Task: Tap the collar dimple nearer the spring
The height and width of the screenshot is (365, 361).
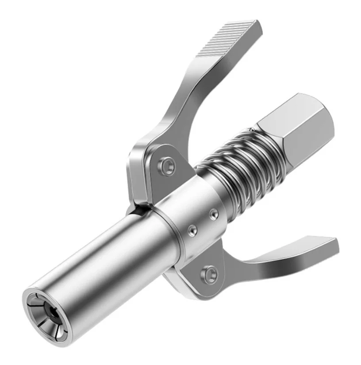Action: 214,214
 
